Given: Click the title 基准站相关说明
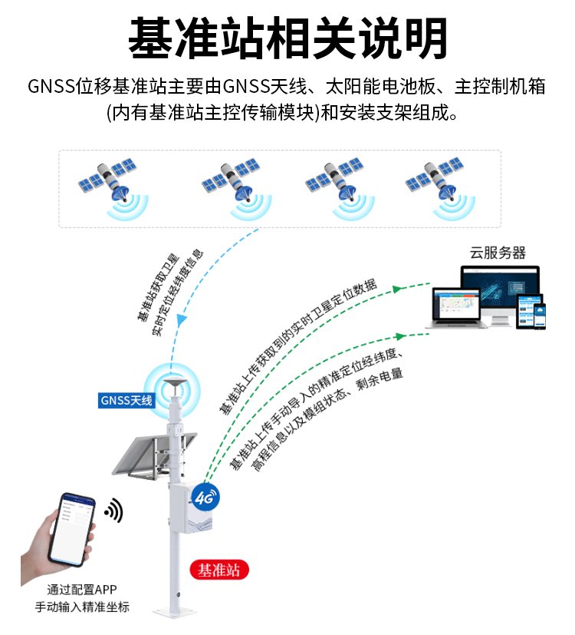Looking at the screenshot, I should pos(287,38).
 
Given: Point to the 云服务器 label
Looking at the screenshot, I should pos(498,253).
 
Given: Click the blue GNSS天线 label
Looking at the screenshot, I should pos(127,400).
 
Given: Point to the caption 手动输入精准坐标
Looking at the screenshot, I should pos(82,607).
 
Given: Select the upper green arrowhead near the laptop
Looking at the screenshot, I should pos(396,289).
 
